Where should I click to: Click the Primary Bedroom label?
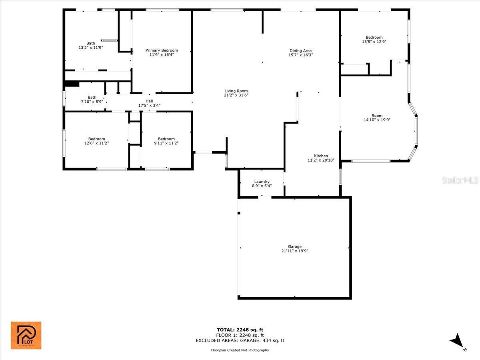click(162, 50)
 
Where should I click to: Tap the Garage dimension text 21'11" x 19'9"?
click(294, 251)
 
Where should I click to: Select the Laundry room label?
click(262, 182)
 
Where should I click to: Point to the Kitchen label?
click(321, 156)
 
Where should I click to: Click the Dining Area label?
click(300, 51)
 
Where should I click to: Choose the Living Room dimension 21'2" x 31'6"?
click(236, 95)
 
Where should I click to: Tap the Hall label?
click(149, 101)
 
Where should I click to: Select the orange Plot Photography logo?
click(26, 335)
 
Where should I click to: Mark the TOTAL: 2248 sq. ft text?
click(240, 330)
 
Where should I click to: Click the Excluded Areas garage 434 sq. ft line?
click(240, 341)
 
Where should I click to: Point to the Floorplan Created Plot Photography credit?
click(240, 350)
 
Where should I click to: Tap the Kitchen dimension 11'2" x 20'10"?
click(321, 160)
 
